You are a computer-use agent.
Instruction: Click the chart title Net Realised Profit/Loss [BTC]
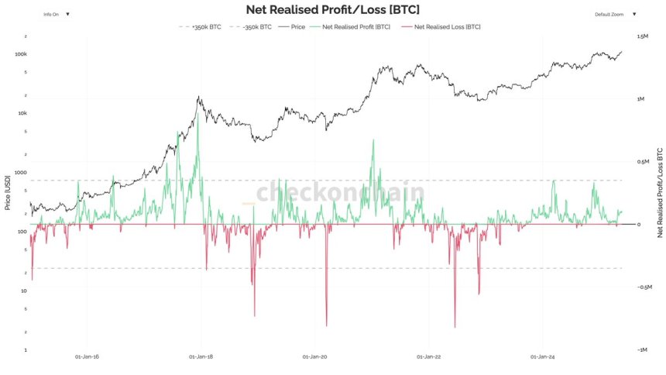click(332, 10)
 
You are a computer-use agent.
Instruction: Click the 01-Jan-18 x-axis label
click(201, 357)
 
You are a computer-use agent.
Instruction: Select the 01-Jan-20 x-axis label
click(315, 357)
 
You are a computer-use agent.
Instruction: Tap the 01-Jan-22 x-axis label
click(429, 357)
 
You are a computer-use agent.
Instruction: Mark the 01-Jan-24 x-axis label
click(542, 357)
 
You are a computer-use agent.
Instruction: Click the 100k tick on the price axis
click(20, 54)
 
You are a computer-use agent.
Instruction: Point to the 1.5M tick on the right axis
click(642, 36)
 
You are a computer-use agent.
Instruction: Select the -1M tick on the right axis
click(642, 350)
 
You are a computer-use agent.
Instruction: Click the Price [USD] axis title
click(8, 194)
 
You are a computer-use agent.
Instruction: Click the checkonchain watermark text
click(340, 192)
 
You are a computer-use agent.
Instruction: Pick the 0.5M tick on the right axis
click(642, 162)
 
